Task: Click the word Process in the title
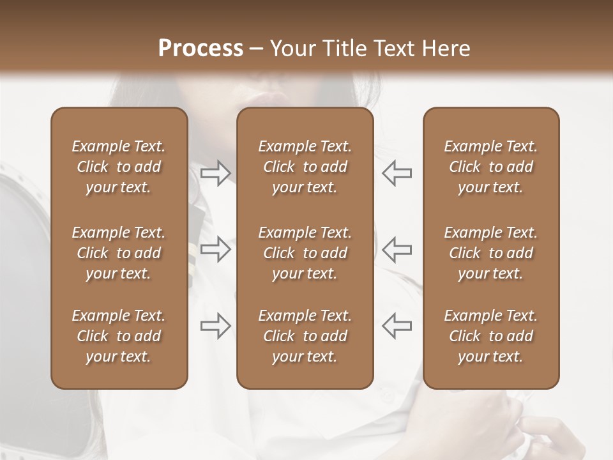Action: tap(201, 49)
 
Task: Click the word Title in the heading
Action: tap(345, 49)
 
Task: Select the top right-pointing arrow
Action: tap(216, 173)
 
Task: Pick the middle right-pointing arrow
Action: tap(216, 249)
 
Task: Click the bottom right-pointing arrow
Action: tap(216, 326)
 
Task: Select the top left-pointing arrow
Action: tap(397, 173)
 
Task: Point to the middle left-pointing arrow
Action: tap(397, 249)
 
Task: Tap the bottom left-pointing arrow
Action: tap(397, 326)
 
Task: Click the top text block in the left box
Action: tap(119, 167)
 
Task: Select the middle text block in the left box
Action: tap(119, 253)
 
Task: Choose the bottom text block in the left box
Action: tap(119, 336)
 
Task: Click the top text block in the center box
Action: tap(305, 167)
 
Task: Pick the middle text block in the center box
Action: tap(305, 253)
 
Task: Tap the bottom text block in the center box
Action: tap(305, 336)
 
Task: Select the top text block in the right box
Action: tap(491, 167)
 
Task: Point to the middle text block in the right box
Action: tap(491, 253)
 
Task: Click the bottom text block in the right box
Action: tap(491, 336)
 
